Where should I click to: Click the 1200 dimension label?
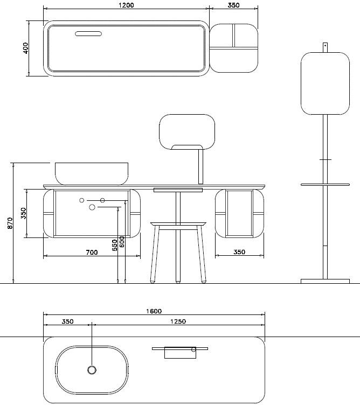126,5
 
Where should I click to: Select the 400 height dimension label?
25,48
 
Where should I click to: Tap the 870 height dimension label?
10,223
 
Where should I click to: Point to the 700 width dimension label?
92,252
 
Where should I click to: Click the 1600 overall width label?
154,311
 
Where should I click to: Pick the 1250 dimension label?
178,321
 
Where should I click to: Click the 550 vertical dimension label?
114,245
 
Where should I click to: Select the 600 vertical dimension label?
122,241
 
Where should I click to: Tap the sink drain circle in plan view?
92,370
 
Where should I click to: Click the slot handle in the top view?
88,34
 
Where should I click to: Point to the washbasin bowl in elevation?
92,173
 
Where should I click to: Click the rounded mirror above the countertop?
187,132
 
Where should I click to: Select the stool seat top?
178,223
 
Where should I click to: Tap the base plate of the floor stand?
325,281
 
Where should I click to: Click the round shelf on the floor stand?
325,185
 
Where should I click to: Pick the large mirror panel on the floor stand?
325,83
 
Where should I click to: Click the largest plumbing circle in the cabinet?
92,207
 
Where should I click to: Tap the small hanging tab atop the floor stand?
325,47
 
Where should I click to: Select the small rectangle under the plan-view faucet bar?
180,353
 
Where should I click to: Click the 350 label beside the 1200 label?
233,5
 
